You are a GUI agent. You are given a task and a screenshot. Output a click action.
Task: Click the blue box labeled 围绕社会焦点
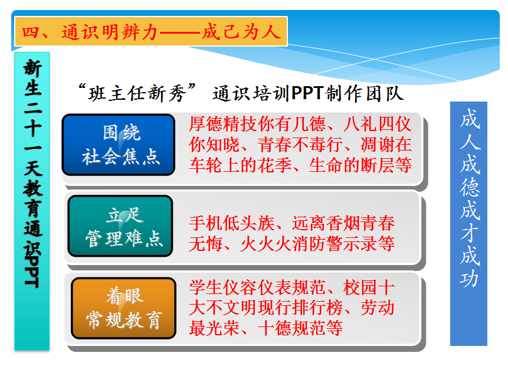(119, 145)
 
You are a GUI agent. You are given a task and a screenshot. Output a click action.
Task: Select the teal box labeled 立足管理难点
(120, 226)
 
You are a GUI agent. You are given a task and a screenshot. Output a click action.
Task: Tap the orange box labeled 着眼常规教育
(123, 308)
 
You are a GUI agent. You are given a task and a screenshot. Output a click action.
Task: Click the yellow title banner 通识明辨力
(151, 31)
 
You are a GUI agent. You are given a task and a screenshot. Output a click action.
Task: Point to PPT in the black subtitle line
(307, 93)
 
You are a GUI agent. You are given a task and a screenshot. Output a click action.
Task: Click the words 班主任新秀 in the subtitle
(137, 94)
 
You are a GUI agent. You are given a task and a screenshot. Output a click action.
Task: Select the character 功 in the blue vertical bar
(469, 278)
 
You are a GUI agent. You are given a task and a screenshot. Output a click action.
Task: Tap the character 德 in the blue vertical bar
(469, 187)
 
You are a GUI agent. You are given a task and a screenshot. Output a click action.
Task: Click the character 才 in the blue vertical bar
(469, 233)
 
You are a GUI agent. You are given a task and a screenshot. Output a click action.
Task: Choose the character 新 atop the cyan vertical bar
(32, 68)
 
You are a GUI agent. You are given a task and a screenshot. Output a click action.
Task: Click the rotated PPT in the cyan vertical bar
(32, 272)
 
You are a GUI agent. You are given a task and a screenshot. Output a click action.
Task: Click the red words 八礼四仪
(378, 124)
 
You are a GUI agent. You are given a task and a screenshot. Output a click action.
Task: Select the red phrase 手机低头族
(232, 223)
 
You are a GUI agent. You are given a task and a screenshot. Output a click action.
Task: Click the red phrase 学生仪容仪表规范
(257, 287)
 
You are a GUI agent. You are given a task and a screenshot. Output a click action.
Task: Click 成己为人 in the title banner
(241, 32)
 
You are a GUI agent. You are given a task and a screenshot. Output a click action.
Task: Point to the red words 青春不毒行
(300, 145)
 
